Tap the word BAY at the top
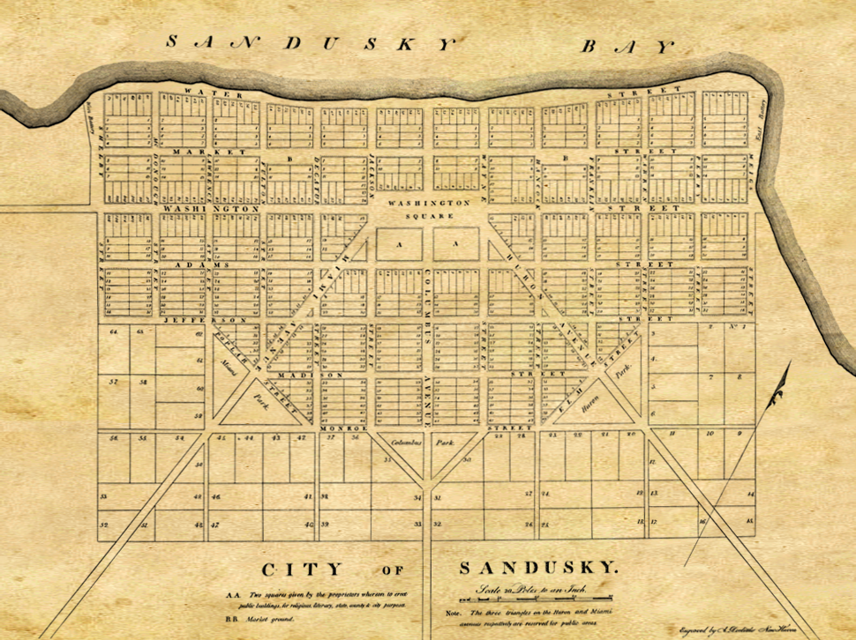[x=627, y=46]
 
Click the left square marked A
[x=398, y=243]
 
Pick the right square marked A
[x=456, y=243]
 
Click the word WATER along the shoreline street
[x=202, y=91]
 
